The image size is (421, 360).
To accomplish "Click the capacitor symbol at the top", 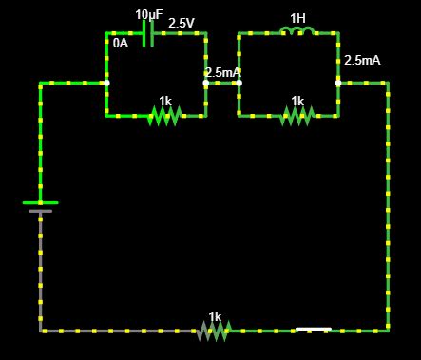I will [147, 34].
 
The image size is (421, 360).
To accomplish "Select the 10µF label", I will [148, 14].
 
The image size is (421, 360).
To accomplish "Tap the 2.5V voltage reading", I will [182, 22].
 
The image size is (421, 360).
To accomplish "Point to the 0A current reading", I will [121, 43].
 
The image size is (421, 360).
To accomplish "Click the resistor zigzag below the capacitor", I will [164, 116].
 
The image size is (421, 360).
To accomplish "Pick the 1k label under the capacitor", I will [165, 101].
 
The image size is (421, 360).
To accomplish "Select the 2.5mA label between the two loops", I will [222, 72].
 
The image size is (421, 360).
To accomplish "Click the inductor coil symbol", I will [297, 33].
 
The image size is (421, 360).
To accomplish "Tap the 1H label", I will [297, 18].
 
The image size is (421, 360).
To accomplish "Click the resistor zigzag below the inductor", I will [297, 116].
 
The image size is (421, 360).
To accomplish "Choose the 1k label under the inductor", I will [297, 101].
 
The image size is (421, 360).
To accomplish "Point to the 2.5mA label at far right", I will [362, 60].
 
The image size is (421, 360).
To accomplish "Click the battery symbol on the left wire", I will [40, 206].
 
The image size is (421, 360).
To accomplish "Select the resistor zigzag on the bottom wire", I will [215, 331].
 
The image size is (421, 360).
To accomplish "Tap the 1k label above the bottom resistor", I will [215, 316].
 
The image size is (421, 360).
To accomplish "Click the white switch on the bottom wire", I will [313, 330].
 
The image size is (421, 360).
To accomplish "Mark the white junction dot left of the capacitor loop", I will [106, 83].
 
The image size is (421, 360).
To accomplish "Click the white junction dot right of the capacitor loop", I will [205, 83].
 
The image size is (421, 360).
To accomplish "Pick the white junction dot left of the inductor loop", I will [239, 83].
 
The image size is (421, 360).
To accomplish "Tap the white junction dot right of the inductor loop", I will [338, 83].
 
